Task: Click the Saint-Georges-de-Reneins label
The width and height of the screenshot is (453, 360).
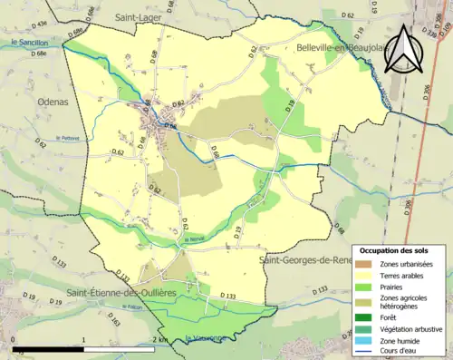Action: (x=313, y=261)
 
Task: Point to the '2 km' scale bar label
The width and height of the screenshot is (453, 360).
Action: (x=159, y=339)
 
